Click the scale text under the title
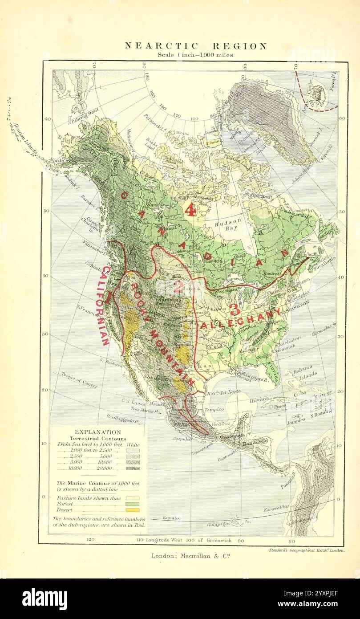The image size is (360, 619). (x=195, y=55)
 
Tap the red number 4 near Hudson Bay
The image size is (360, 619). (x=190, y=209)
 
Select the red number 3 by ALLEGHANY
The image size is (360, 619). (x=235, y=308)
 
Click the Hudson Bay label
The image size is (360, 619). (x=228, y=224)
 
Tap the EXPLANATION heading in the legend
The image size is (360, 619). (x=97, y=432)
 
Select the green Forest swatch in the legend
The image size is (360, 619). (x=133, y=504)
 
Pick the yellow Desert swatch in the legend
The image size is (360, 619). (x=133, y=510)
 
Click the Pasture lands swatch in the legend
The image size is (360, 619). (x=133, y=498)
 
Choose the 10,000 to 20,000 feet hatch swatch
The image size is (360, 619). (x=133, y=468)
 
